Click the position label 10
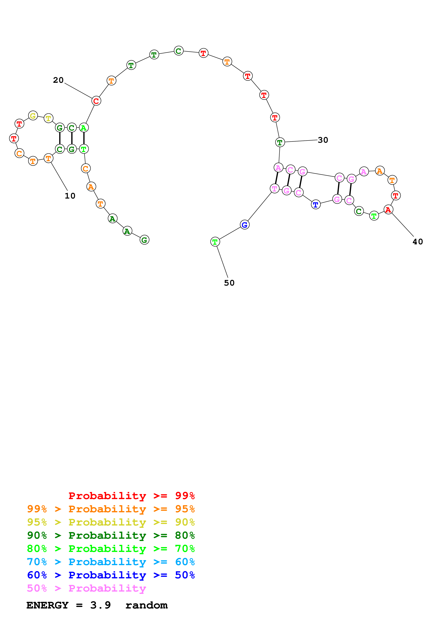70,196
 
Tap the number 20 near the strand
58,80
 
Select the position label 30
323,140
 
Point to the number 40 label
418,242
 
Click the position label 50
229,283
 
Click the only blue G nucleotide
245,225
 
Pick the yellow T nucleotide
48,118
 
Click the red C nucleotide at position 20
96,101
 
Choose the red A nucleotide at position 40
388,209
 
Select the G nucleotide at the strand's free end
144,240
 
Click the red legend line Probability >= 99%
131,496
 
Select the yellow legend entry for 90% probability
111,522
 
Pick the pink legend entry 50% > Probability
86,588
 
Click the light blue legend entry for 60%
111,562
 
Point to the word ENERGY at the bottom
47,605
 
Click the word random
146,605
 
